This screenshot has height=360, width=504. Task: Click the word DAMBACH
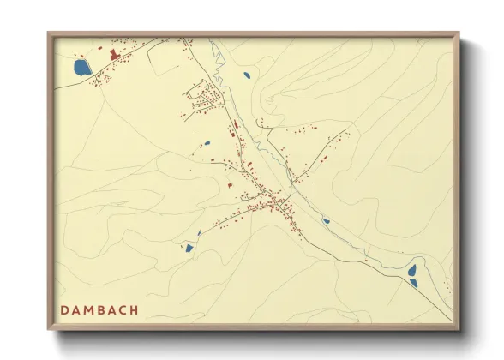[x=99, y=309]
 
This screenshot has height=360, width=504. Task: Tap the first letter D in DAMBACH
[x=64, y=309]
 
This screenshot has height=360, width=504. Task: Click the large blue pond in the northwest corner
[x=82, y=67]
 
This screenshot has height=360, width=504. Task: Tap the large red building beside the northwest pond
[x=111, y=56]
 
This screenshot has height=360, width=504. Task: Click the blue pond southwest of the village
[x=189, y=249]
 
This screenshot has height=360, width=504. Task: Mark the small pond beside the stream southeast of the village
[x=326, y=221]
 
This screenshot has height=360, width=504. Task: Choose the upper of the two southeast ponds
[x=412, y=270]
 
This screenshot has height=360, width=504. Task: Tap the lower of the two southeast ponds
[x=413, y=282]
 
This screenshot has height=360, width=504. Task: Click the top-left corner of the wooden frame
[x=49, y=33]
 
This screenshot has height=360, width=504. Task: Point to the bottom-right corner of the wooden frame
[x=458, y=329]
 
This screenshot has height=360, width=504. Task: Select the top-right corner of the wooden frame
[x=458, y=33]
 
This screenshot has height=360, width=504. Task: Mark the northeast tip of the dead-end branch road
[x=348, y=130]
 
